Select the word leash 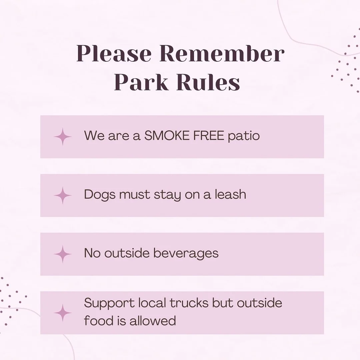click(230, 194)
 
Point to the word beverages click(186, 253)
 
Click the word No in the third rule click(92, 253)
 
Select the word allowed click(153, 321)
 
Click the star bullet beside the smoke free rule click(63, 137)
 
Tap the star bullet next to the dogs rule click(63, 196)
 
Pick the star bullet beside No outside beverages click(63, 254)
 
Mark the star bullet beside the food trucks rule click(63, 313)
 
